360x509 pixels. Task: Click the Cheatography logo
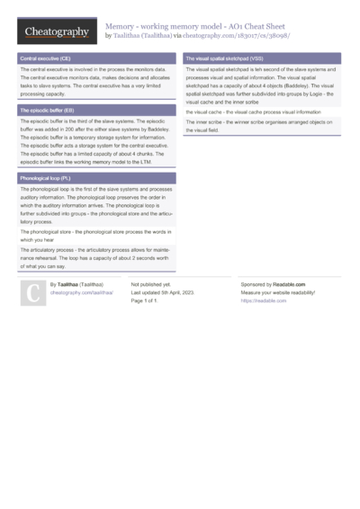coord(57,32)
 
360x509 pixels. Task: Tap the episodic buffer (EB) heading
coord(47,110)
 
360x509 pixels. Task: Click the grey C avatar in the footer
coord(32,292)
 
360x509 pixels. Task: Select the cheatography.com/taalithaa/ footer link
coord(82,293)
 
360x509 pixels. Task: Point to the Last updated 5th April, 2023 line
coord(167,293)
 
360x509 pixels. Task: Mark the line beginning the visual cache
coord(253,111)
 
